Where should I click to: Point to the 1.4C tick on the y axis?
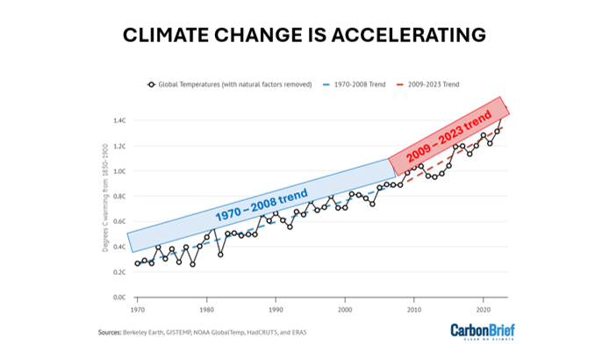pos(120,120)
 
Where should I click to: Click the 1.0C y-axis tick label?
pos(120,171)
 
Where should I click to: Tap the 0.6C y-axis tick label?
pos(120,221)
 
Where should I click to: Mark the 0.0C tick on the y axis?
pos(120,298)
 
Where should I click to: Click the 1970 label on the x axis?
pos(138,310)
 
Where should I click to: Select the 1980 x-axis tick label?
pos(206,310)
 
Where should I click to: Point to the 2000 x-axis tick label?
pos(345,310)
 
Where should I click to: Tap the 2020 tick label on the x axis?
pos(483,310)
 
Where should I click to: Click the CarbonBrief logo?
pos(482,332)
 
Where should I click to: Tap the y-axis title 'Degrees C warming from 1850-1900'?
pos(104,209)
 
